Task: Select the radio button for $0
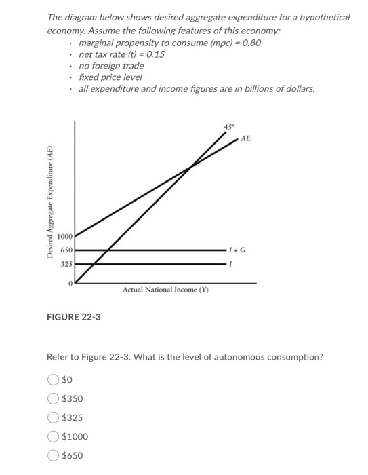(x=53, y=380)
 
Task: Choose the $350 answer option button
(x=53, y=399)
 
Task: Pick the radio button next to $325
(x=53, y=418)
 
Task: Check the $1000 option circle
(x=53, y=437)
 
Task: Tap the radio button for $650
(x=53, y=456)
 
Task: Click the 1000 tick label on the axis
(x=65, y=237)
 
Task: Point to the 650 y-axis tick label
(x=66, y=250)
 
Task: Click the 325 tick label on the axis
(x=66, y=263)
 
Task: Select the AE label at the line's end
(x=245, y=138)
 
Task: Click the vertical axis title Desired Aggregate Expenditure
(x=49, y=202)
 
